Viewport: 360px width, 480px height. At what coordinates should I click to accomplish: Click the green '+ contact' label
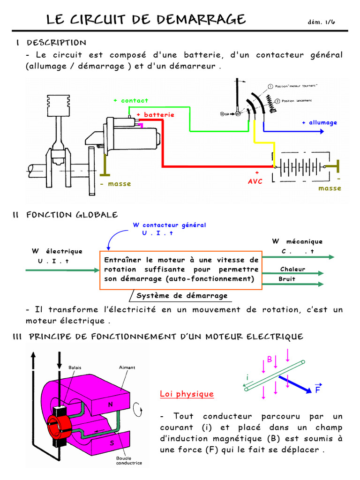[x=131, y=100]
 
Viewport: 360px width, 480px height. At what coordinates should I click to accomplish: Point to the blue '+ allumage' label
[x=319, y=122]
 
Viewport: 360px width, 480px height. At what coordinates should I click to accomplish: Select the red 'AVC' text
[x=255, y=181]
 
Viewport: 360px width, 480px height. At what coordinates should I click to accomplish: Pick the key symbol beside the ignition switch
[x=227, y=114]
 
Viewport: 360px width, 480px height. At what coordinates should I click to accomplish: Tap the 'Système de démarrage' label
[x=182, y=296]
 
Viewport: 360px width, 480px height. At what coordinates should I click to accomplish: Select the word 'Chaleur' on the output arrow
[x=292, y=269]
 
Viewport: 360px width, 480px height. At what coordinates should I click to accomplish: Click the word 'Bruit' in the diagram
[x=287, y=279]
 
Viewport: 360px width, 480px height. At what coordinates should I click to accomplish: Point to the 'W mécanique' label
[x=298, y=241]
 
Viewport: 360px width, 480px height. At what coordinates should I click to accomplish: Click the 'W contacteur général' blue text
[x=170, y=225]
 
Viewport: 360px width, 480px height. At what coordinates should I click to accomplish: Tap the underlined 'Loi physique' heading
[x=187, y=394]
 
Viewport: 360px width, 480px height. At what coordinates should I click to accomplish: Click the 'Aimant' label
[x=127, y=367]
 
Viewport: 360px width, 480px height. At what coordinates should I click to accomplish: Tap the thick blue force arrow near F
[x=294, y=383]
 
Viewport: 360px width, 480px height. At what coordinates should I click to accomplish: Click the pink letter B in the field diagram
[x=270, y=359]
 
